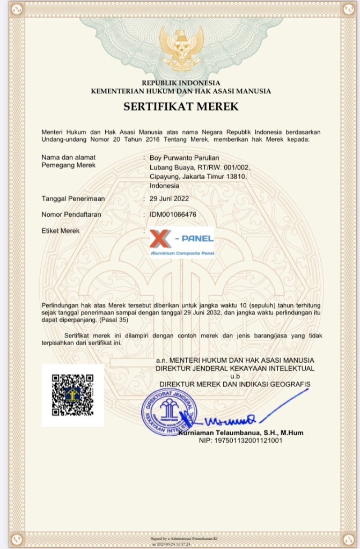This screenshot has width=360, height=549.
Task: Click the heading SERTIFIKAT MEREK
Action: [181, 106]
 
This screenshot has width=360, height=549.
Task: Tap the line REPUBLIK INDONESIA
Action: [181, 83]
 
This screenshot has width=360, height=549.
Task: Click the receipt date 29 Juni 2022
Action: [169, 198]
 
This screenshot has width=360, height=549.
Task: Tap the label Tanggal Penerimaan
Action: [73, 198]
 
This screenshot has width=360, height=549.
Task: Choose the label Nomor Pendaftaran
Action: [71, 214]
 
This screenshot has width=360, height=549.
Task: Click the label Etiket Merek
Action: [61, 231]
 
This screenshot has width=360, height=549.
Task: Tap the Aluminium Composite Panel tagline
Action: [182, 252]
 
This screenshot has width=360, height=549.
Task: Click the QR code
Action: [74, 395]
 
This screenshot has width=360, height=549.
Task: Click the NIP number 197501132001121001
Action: [240, 441]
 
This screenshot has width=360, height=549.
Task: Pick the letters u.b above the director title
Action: [235, 376]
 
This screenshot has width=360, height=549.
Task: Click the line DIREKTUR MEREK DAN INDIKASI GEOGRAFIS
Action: [234, 384]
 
